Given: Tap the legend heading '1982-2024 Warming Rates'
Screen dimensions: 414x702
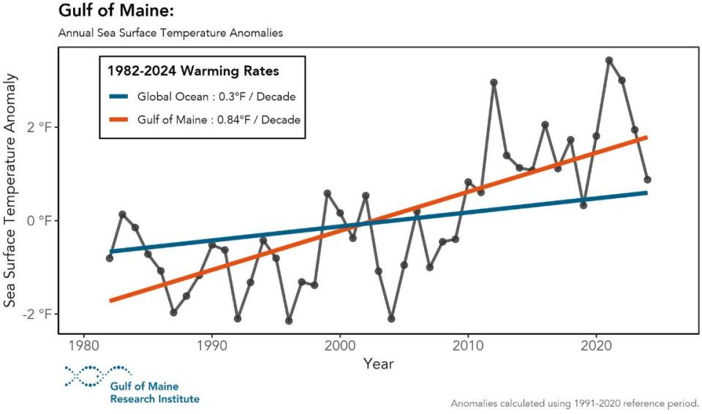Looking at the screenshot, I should pyautogui.click(x=193, y=72).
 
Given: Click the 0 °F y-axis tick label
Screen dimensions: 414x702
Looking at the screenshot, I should pyautogui.click(x=34, y=221).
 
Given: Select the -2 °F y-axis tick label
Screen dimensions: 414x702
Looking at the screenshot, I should pyautogui.click(x=32, y=314).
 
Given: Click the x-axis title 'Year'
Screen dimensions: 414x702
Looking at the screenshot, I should pyautogui.click(x=380, y=364).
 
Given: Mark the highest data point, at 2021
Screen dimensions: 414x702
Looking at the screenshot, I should pyautogui.click(x=609, y=60).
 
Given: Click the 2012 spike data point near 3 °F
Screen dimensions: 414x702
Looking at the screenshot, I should pyautogui.click(x=494, y=83).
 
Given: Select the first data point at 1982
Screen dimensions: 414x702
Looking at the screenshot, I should pyautogui.click(x=110, y=258).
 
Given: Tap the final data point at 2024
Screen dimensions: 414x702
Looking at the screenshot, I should pyautogui.click(x=647, y=179).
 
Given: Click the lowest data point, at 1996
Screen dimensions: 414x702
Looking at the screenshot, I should pyautogui.click(x=289, y=321).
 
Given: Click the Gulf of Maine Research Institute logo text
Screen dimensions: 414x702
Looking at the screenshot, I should pyautogui.click(x=154, y=393).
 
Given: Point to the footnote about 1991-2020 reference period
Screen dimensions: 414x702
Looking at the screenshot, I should pyautogui.click(x=575, y=403).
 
